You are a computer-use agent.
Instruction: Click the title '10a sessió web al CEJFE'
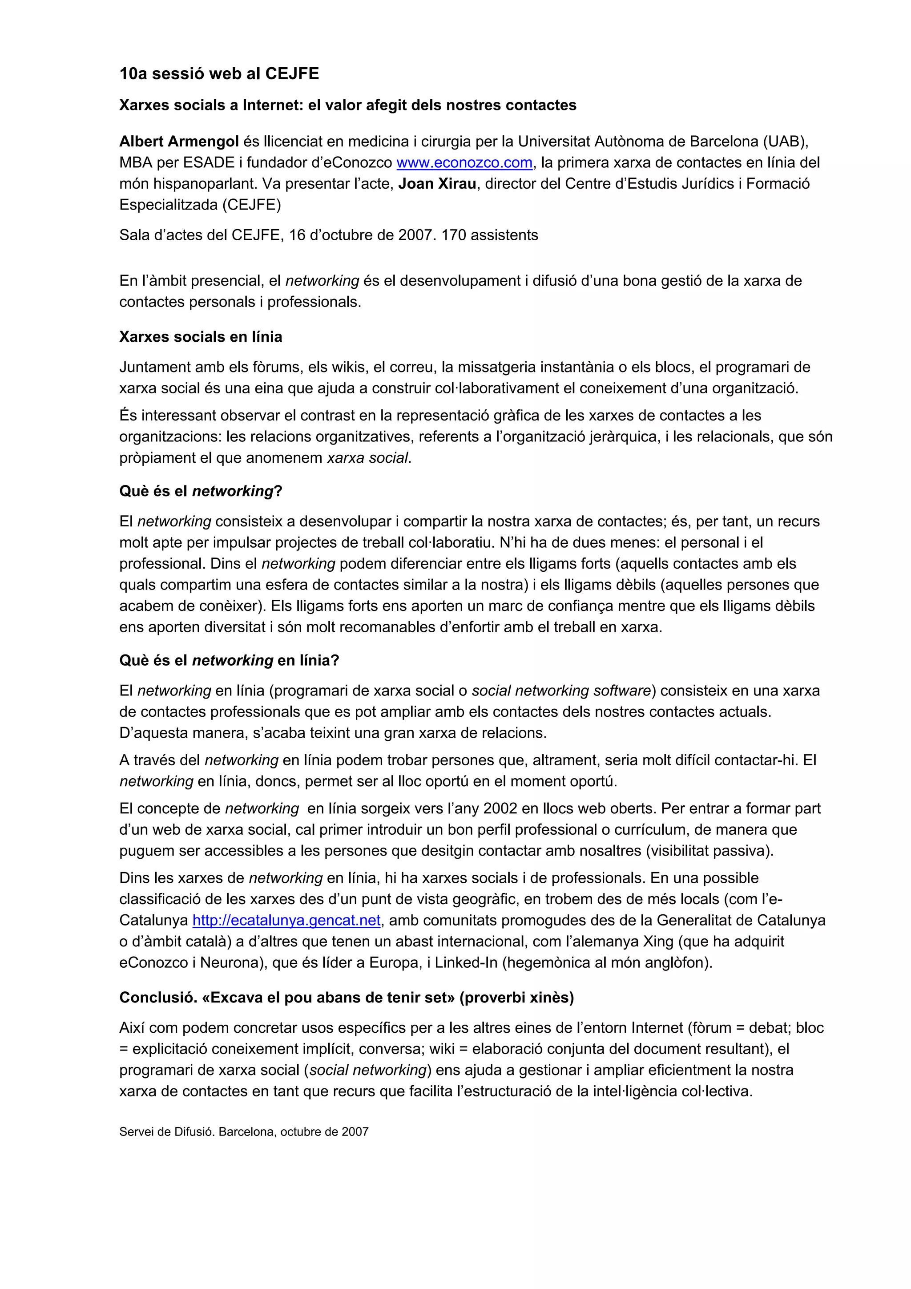pyautogui.click(x=219, y=73)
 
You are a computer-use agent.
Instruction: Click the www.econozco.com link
pyautogui.click(x=464, y=163)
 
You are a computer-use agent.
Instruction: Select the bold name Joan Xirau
pyautogui.click(x=437, y=184)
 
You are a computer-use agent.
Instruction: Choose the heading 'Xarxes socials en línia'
pyautogui.click(x=200, y=337)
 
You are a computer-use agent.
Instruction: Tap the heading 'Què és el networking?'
pyautogui.click(x=200, y=491)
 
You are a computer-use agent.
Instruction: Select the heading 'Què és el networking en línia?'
pyautogui.click(x=229, y=660)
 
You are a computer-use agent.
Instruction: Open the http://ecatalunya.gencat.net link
pyautogui.click(x=286, y=921)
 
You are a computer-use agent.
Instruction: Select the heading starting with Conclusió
pyautogui.click(x=347, y=998)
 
